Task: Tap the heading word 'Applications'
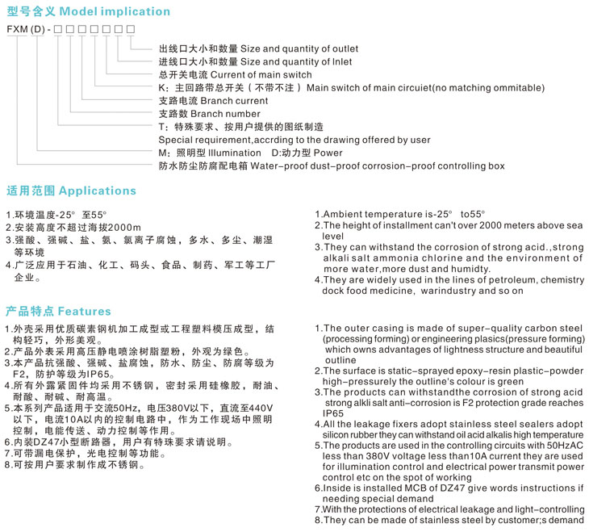point(98,191)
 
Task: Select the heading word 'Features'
point(85,311)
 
